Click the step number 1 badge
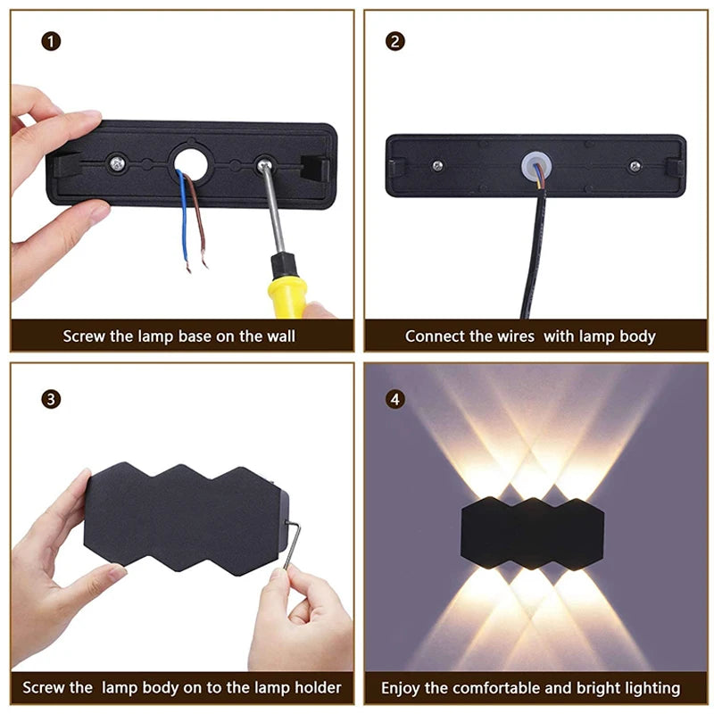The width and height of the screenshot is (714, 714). click(51, 41)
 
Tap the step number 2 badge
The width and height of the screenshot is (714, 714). click(394, 41)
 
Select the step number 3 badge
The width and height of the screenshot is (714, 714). click(51, 399)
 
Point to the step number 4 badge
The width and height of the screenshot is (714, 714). click(394, 399)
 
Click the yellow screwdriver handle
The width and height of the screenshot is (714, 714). click(286, 296)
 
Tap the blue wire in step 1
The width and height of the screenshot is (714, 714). click(184, 219)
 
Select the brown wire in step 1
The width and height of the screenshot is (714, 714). click(198, 219)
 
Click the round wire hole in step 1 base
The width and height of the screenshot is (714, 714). click(191, 164)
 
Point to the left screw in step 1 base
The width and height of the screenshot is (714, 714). click(117, 163)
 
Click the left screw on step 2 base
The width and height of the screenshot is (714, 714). click(437, 166)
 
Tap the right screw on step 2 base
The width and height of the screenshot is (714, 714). click(635, 166)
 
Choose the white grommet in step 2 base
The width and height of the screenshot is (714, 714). click(536, 166)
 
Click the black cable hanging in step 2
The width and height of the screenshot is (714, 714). click(535, 255)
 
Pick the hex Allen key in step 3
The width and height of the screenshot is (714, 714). click(293, 544)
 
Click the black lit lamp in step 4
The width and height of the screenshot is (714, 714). click(532, 533)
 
